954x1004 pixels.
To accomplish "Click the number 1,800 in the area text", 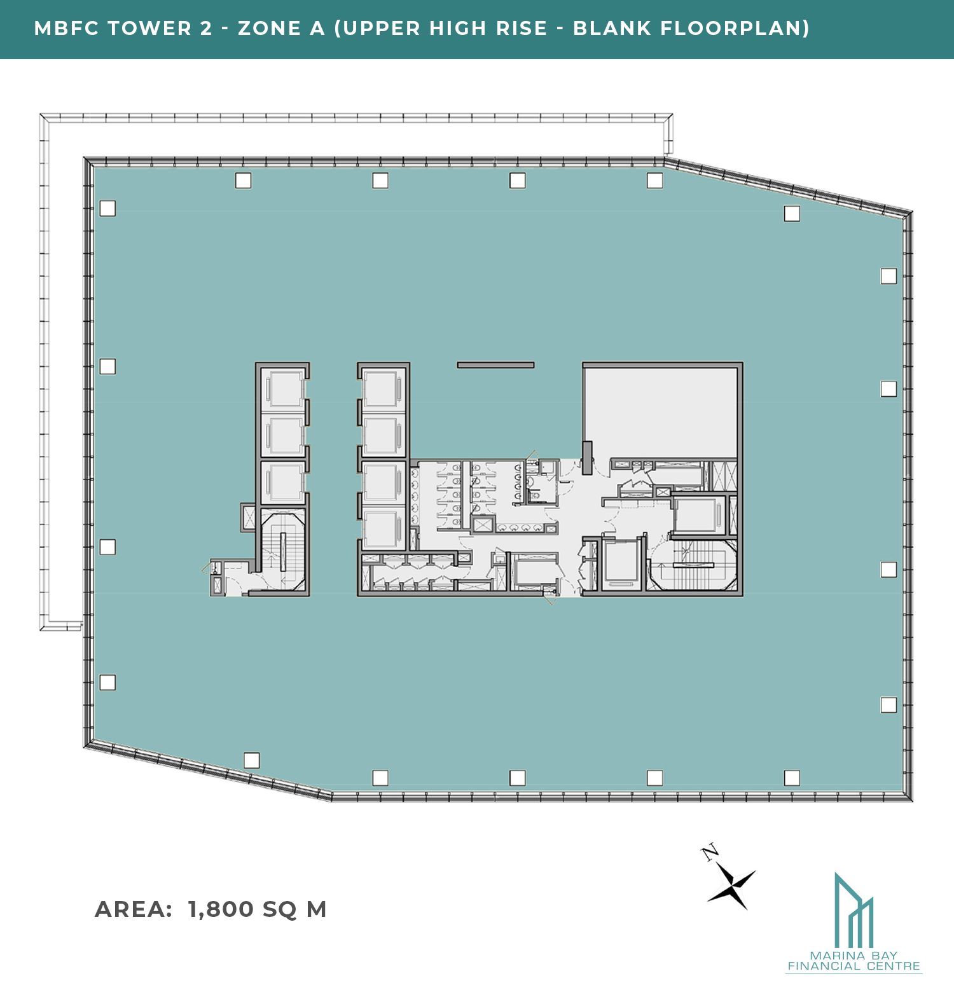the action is click(221, 910).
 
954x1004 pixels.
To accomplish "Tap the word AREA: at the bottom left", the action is click(134, 909).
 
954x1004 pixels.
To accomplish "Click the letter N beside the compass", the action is click(710, 852).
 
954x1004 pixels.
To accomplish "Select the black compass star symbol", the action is click(732, 885).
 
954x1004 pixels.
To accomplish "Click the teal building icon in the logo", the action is click(854, 910).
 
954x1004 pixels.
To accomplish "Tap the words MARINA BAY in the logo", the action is click(854, 956).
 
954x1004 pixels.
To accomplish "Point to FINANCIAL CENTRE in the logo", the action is click(854, 966).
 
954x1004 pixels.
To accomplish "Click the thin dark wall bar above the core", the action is click(495, 365).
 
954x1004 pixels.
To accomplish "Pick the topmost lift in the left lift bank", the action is click(284, 389).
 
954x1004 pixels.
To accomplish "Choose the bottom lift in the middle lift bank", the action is click(383, 529).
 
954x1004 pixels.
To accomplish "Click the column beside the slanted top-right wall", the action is click(792, 214).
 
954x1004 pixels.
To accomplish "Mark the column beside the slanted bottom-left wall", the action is click(252, 760).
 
